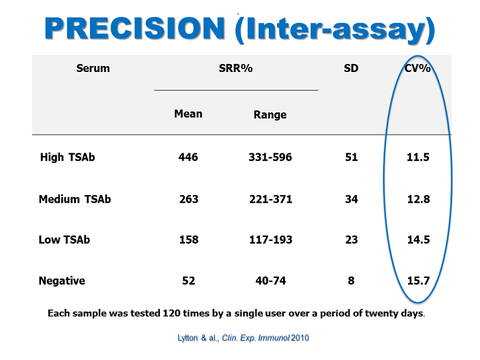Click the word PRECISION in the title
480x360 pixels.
[x=135, y=28]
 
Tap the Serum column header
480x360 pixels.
[x=93, y=68]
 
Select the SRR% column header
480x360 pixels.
[x=236, y=68]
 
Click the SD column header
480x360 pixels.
[x=351, y=68]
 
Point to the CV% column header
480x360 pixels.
[x=417, y=68]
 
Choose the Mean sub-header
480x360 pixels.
[x=188, y=114]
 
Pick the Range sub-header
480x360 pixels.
[x=270, y=114]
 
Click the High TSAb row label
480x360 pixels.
[x=67, y=157]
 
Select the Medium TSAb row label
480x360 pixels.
[x=75, y=199]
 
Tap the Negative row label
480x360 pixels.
[x=62, y=281]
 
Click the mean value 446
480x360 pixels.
[x=188, y=157]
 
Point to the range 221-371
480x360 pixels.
[x=271, y=199]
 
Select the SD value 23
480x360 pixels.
[x=352, y=240]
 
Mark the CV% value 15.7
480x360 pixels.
[x=418, y=281]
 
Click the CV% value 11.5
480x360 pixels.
[x=418, y=157]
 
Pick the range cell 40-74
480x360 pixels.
[x=271, y=281]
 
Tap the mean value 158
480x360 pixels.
[x=189, y=240]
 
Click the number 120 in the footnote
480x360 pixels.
[x=171, y=313]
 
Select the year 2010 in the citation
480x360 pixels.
[x=300, y=338]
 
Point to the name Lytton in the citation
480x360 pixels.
[x=188, y=338]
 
